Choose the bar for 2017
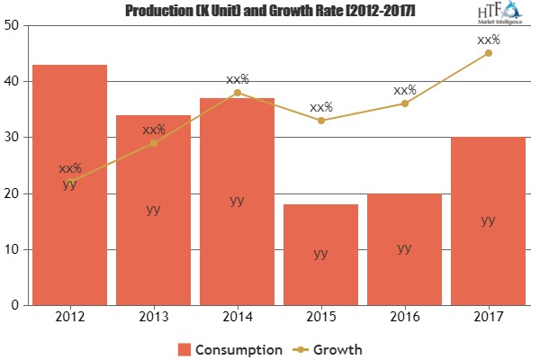[488, 221]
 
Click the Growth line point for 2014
[237, 92]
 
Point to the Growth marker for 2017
[488, 53]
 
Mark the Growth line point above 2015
[320, 120]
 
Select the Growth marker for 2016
[404, 103]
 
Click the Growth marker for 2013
[153, 142]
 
